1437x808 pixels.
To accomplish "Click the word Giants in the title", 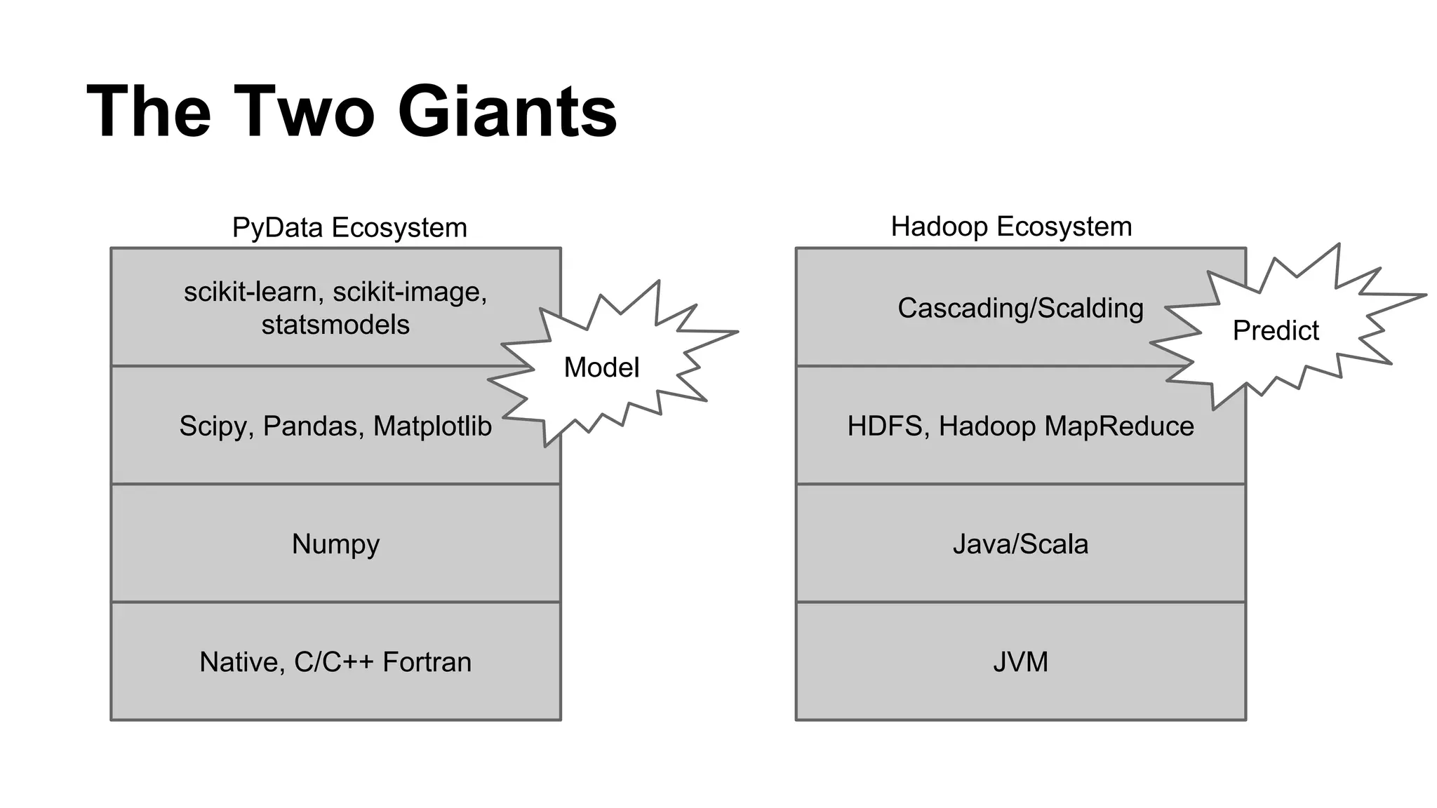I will coord(507,112).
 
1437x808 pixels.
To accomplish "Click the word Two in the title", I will coord(305,112).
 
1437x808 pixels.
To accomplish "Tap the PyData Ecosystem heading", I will coord(349,228).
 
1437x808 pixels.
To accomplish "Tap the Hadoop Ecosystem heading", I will coord(1011,227).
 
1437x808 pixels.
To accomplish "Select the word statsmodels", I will coord(335,325).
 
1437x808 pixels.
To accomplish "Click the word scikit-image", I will coord(410,292).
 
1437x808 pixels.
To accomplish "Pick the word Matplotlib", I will coord(432,426).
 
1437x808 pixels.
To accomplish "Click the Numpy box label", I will coord(335,544).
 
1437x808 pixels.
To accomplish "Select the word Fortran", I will coord(427,662).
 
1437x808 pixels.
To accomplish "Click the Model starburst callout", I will coord(601,368).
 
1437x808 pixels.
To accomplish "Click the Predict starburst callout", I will coord(1276,330).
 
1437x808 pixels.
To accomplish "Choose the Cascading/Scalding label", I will coord(1020,309).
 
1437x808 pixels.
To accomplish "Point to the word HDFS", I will coord(884,426).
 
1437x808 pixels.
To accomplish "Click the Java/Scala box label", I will coord(1020,544).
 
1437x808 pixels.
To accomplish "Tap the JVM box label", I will coord(1020,662).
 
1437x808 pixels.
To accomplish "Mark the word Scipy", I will coord(214,426).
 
